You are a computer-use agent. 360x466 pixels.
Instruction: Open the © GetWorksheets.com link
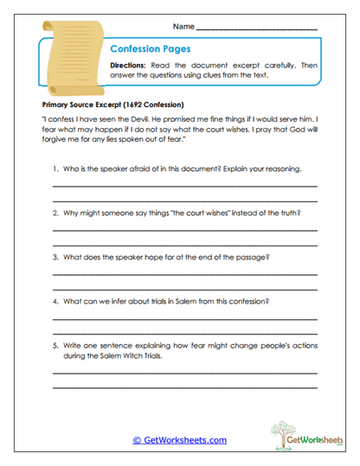tap(179, 440)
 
